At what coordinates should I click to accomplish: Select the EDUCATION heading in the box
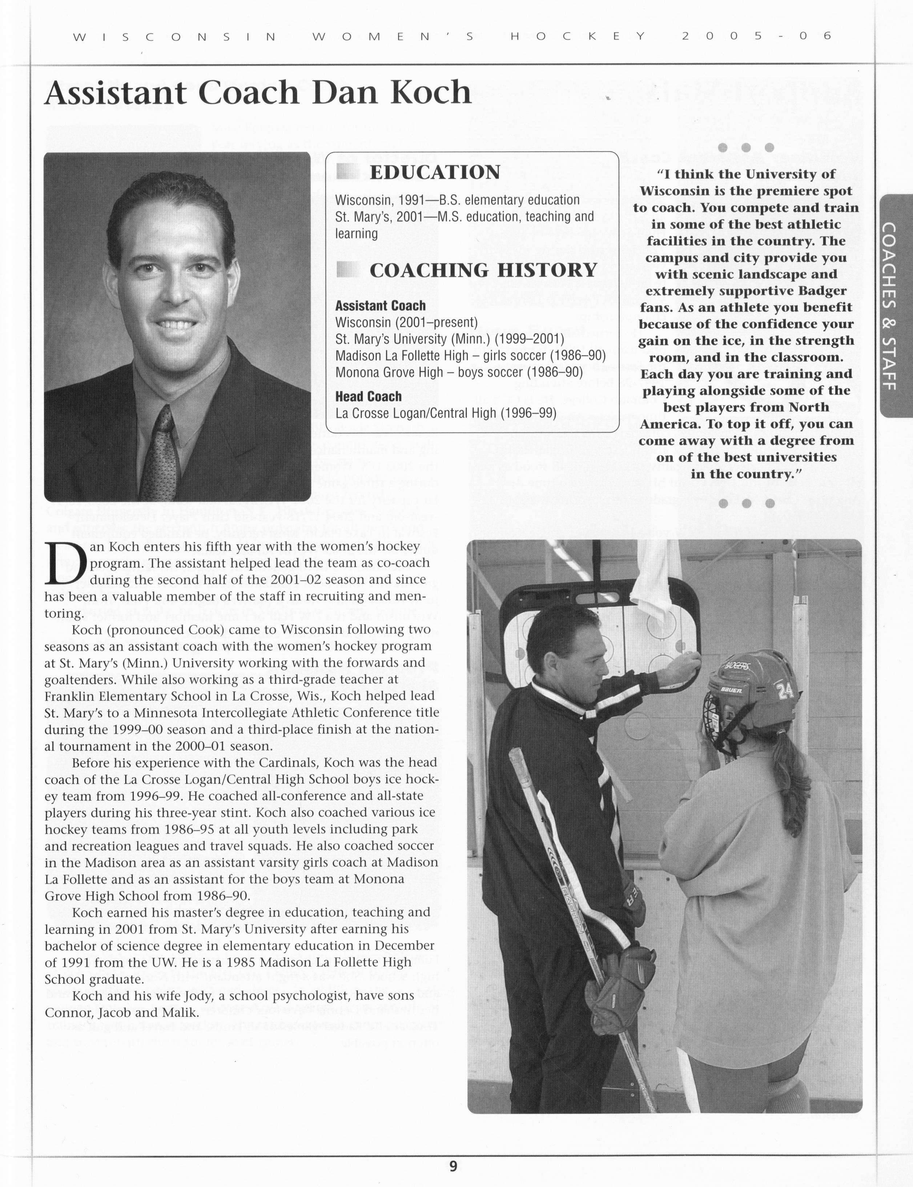tap(434, 172)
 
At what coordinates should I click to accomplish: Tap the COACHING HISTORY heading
tap(483, 270)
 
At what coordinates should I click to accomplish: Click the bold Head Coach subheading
tap(368, 396)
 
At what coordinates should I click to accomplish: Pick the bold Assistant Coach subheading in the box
tap(380, 306)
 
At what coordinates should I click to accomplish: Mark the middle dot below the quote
tap(746, 503)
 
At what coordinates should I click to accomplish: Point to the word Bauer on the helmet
tap(731, 690)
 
